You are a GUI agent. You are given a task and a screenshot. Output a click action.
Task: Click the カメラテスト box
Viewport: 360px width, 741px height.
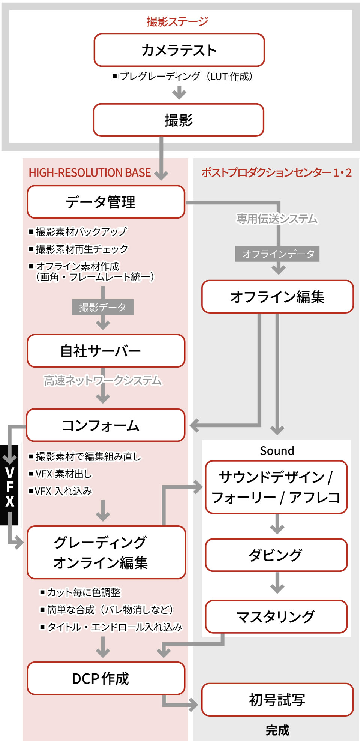tap(179, 50)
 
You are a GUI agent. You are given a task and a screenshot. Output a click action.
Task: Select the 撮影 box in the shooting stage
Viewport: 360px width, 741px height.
tap(178, 120)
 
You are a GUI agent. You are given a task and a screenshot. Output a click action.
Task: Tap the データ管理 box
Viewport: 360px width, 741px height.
tap(106, 202)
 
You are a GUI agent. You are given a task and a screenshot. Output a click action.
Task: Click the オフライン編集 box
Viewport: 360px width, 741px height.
tap(277, 297)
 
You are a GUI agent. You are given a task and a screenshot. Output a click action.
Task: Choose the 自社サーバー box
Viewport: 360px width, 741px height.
tap(106, 351)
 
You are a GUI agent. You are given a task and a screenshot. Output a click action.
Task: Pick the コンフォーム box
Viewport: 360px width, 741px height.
tap(106, 425)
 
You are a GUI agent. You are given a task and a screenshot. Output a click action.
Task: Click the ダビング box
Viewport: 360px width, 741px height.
tap(276, 555)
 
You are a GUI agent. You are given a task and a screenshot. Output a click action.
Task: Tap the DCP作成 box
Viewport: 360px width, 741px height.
tap(106, 678)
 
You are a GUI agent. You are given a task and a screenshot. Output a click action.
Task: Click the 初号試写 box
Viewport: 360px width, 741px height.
tap(277, 700)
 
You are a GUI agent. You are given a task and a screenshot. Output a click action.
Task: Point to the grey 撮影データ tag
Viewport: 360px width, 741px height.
tap(103, 307)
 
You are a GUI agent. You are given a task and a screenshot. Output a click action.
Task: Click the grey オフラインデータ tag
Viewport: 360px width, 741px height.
tap(277, 254)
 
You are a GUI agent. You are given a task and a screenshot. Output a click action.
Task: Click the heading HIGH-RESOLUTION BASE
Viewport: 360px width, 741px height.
tap(90, 173)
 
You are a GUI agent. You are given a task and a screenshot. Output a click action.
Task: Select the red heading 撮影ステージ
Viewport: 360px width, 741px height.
tap(177, 21)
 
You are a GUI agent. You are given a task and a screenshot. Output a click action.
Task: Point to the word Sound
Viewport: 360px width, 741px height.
tap(277, 451)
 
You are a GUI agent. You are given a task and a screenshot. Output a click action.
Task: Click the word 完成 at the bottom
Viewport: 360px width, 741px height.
tap(277, 730)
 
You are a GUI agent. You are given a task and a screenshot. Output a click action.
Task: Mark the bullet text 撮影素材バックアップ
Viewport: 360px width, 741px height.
tap(81, 232)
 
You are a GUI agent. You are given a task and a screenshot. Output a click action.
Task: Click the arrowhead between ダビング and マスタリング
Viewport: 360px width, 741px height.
tap(277, 588)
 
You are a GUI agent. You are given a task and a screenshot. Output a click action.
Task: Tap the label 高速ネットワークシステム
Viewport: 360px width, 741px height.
tap(103, 381)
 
